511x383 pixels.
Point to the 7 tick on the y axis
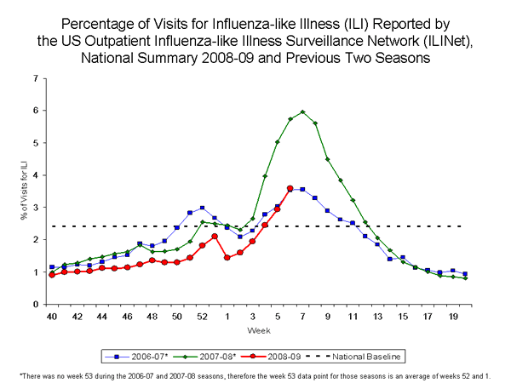coord(34,78)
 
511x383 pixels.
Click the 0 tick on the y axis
coord(34,304)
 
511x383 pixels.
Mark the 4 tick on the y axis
coord(34,175)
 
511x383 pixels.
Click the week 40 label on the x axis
coord(51,316)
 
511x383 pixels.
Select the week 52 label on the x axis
coord(202,316)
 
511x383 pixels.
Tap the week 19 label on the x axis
coord(452,316)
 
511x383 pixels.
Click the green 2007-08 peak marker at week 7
coord(302,111)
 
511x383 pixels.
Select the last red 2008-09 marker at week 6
coord(290,188)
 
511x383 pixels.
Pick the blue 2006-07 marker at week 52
coord(202,208)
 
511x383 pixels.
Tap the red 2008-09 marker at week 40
coord(52,275)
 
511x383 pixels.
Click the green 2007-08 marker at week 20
coord(464,278)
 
